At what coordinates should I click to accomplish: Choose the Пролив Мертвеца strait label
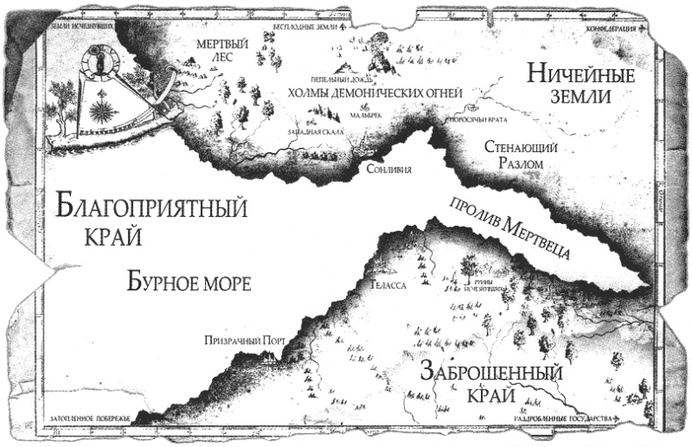coord(511,227)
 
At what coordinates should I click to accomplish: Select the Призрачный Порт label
coord(240,343)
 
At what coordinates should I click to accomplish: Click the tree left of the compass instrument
coord(63,96)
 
